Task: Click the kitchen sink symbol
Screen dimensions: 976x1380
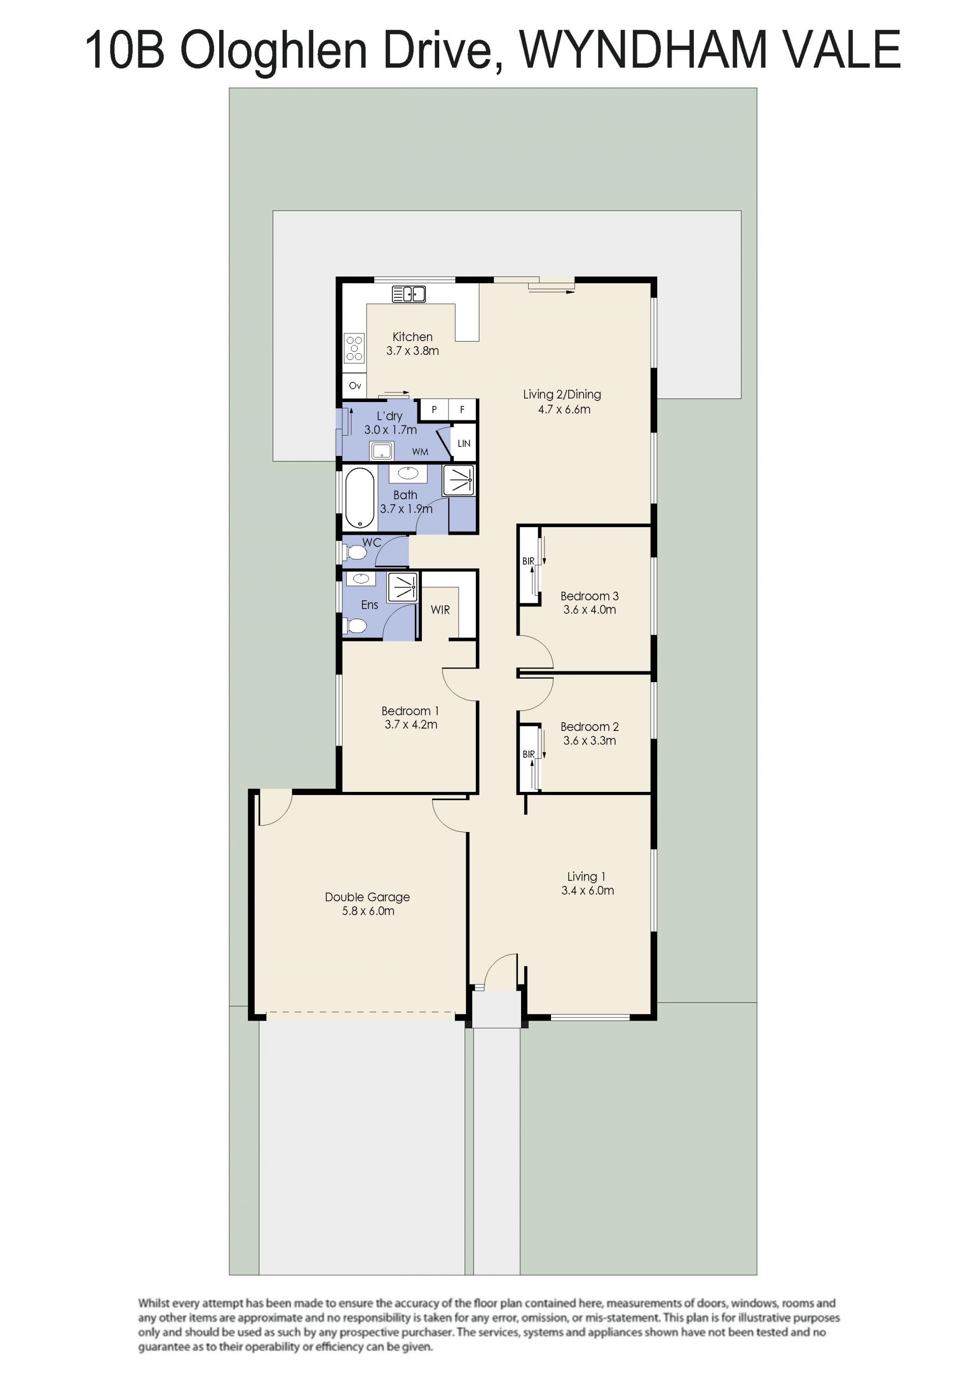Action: tap(409, 294)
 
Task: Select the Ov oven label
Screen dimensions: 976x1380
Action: tap(355, 386)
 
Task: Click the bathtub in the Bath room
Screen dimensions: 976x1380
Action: tap(359, 498)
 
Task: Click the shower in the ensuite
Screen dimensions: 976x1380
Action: tap(403, 587)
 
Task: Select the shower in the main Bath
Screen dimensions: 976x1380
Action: tap(458, 481)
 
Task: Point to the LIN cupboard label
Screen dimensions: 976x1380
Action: tap(464, 444)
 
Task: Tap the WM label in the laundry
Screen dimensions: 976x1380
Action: tap(420, 452)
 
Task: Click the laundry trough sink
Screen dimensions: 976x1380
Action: tap(382, 450)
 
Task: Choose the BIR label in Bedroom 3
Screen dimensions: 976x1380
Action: tap(528, 561)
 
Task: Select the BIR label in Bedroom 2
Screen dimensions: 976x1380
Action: tap(528, 754)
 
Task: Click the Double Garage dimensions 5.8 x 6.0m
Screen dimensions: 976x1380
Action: tap(369, 911)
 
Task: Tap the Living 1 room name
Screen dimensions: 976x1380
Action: tap(587, 877)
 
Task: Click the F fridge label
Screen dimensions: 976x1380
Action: tap(462, 410)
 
